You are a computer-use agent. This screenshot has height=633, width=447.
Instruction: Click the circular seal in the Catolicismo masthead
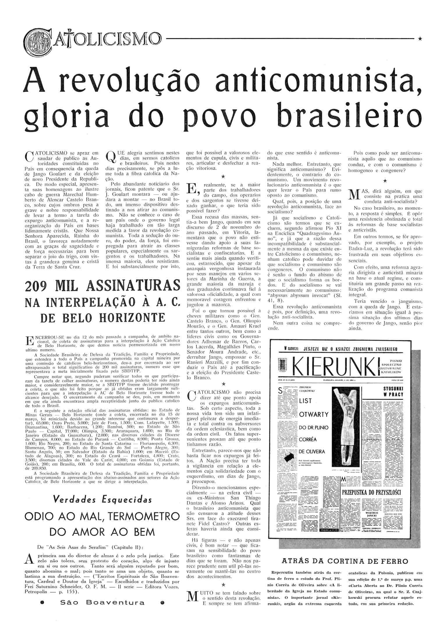pos(34,38)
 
